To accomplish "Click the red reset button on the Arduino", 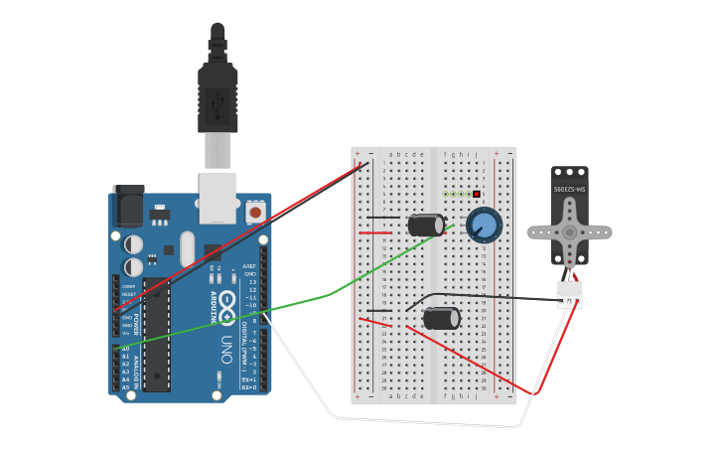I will (x=255, y=212).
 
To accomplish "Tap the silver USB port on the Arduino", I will (x=219, y=198).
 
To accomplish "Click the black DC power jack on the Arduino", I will (x=127, y=206).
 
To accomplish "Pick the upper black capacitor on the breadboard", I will (x=426, y=225).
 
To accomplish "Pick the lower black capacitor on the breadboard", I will (x=441, y=318).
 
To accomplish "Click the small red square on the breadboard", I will (x=477, y=194).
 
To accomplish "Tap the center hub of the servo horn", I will (x=569, y=231).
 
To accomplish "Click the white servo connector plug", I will (x=569, y=295).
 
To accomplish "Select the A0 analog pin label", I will (x=125, y=350).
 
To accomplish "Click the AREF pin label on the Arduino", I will (x=249, y=266).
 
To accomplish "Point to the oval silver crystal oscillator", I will (x=187, y=248).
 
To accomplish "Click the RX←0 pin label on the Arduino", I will (x=249, y=386).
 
